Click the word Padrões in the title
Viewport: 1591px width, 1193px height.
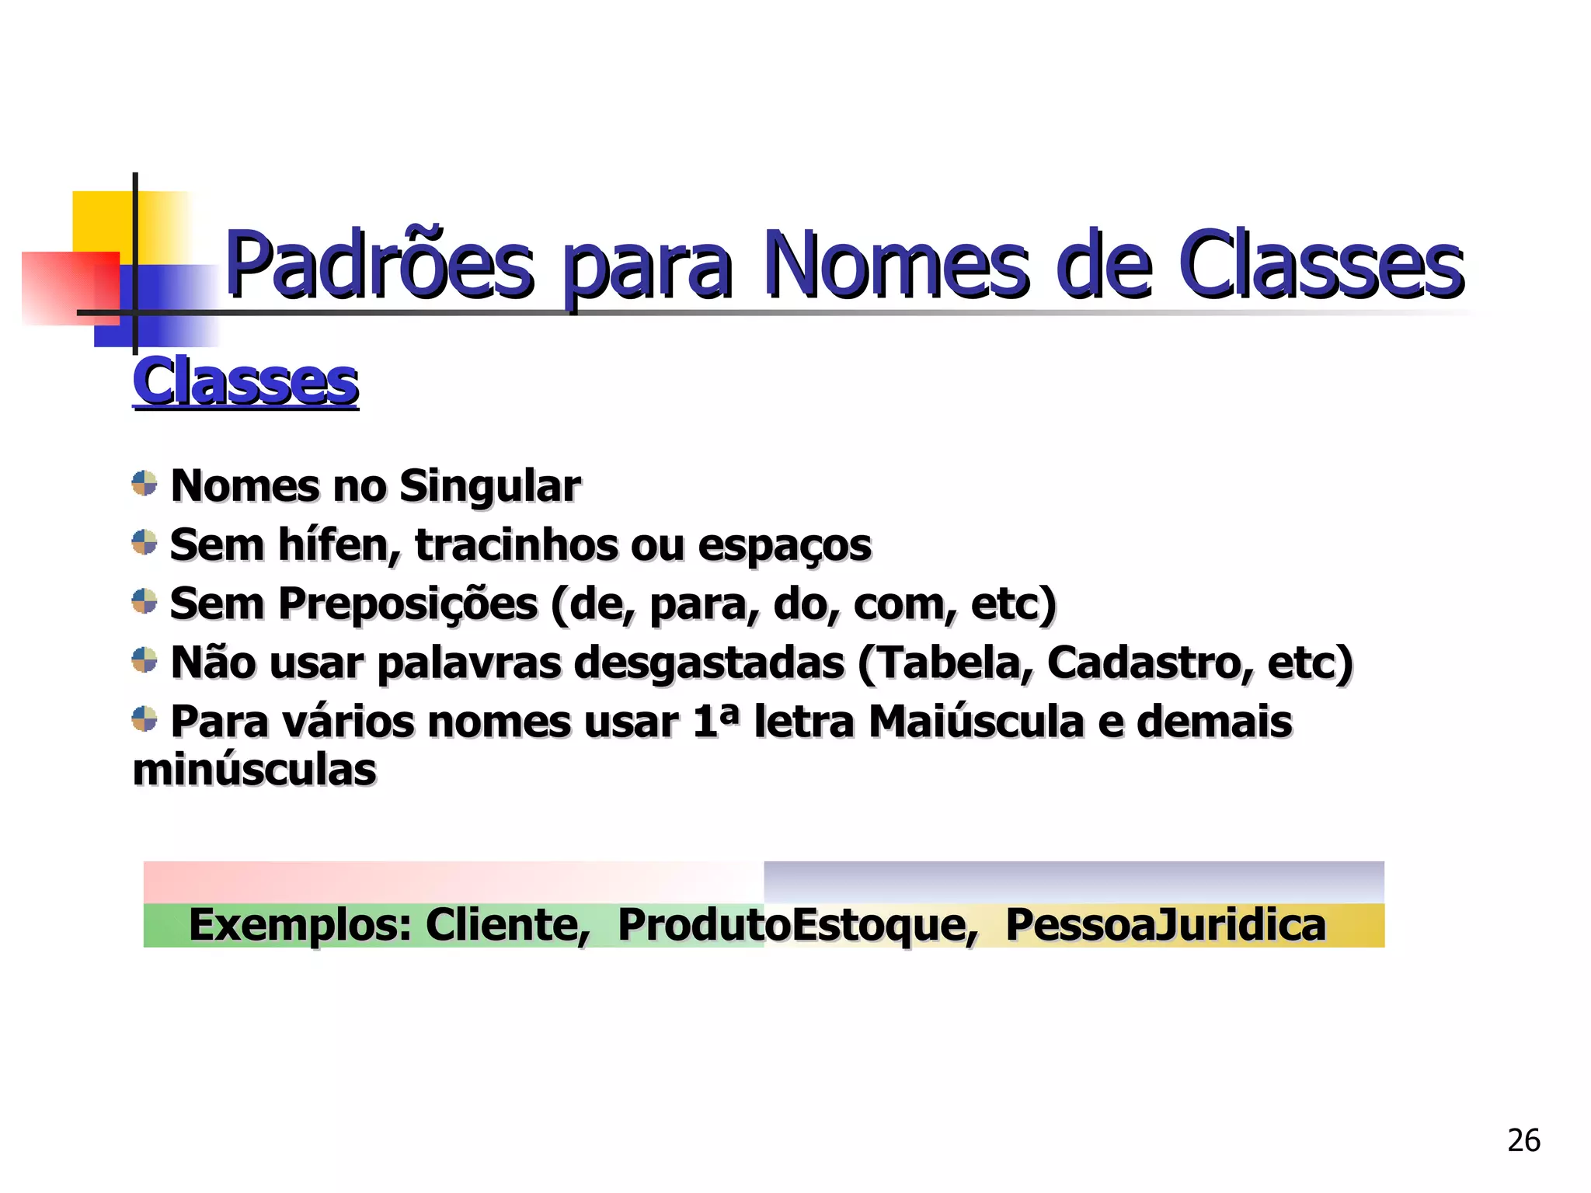[x=379, y=266]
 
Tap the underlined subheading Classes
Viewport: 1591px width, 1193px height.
[x=245, y=382]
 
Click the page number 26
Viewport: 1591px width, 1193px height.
[x=1523, y=1140]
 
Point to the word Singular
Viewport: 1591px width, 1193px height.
[x=489, y=487]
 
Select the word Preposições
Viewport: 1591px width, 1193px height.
[x=408, y=604]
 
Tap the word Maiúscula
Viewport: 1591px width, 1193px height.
[x=976, y=722]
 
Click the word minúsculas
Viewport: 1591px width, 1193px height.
[x=255, y=770]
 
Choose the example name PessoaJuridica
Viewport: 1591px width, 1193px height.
[x=1165, y=925]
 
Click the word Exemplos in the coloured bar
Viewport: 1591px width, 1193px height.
[x=299, y=925]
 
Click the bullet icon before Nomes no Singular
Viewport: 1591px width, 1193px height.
[x=144, y=483]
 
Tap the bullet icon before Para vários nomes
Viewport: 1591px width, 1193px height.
[x=144, y=718]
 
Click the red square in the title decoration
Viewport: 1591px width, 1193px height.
[x=62, y=287]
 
